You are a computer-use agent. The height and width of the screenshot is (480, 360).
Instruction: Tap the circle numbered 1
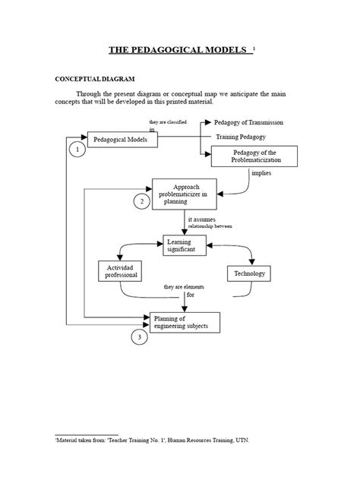click(77, 150)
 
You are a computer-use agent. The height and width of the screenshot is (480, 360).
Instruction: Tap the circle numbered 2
click(141, 201)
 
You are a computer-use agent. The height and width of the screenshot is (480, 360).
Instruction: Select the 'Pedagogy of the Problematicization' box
click(250, 156)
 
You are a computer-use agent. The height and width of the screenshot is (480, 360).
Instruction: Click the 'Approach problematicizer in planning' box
click(185, 194)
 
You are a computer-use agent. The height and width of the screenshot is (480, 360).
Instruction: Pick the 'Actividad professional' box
click(120, 271)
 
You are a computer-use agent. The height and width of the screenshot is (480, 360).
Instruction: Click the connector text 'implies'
click(261, 173)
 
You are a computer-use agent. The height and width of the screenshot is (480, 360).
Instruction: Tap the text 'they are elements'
click(185, 286)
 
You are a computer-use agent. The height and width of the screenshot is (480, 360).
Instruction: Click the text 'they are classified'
click(167, 122)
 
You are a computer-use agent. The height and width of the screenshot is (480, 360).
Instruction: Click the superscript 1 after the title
click(254, 48)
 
